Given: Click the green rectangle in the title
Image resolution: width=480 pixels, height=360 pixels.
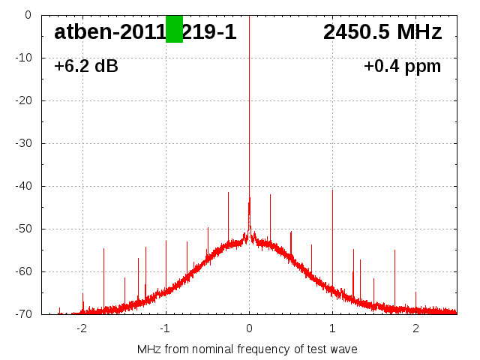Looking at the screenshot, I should tap(174, 29).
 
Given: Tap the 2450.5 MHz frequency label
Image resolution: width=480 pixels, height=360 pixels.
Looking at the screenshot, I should tap(382, 32).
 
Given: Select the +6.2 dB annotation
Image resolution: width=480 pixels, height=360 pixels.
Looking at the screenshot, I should tap(86, 67).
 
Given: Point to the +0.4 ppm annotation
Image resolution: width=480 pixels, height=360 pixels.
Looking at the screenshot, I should tap(403, 67).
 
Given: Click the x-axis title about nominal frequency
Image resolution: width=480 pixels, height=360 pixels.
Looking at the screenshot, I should tap(247, 349).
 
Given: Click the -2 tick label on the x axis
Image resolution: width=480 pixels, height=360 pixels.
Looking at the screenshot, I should tap(82, 328).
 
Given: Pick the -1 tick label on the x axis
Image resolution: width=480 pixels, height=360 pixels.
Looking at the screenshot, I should tap(165, 328).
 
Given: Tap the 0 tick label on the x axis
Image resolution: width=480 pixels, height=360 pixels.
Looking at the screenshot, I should tap(249, 328).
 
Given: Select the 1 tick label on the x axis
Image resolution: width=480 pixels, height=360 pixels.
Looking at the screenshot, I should tap(332, 328).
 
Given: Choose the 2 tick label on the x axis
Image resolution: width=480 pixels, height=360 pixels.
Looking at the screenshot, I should tap(415, 328).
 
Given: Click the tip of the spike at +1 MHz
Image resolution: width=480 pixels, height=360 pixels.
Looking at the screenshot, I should tap(332, 190).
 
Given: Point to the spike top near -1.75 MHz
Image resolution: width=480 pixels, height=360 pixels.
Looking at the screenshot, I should tap(103, 249).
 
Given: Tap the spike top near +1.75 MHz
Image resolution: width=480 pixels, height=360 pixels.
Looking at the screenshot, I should tap(394, 250).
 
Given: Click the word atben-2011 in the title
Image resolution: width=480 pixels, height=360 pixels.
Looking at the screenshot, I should tap(109, 32).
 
